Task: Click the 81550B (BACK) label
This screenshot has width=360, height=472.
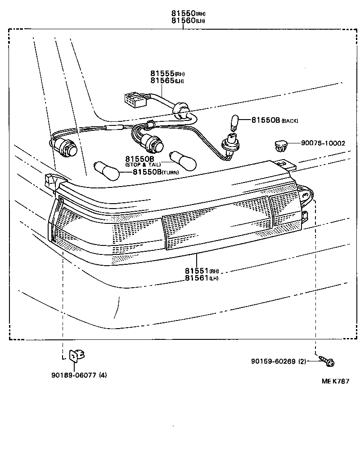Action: (x=274, y=120)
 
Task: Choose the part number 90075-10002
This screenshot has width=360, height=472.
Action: (x=323, y=143)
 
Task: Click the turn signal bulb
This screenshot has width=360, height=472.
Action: (x=106, y=170)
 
